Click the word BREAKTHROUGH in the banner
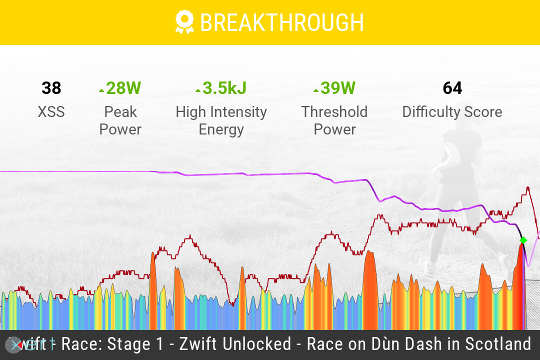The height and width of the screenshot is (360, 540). pyautogui.click(x=281, y=23)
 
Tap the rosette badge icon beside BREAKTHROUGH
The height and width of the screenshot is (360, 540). pyautogui.click(x=184, y=22)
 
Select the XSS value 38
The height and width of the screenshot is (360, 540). pyautogui.click(x=51, y=88)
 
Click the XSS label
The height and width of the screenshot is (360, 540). pyautogui.click(x=51, y=111)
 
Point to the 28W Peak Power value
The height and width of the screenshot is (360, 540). pyautogui.click(x=123, y=88)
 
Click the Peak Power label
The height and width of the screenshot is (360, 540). pyautogui.click(x=120, y=120)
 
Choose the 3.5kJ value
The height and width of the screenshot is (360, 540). pyautogui.click(x=224, y=88)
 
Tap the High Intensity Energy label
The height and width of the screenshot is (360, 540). pyautogui.click(x=221, y=120)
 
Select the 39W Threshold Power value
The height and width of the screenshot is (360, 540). pyautogui.click(x=337, y=88)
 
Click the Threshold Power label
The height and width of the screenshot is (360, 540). pyautogui.click(x=334, y=120)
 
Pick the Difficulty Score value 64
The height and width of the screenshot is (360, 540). pyautogui.click(x=452, y=88)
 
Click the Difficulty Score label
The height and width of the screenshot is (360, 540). pyautogui.click(x=452, y=111)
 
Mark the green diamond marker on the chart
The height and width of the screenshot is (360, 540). pyautogui.click(x=523, y=240)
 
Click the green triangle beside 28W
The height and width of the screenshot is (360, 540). pyautogui.click(x=101, y=90)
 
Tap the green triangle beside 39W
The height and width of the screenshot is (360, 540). pyautogui.click(x=315, y=90)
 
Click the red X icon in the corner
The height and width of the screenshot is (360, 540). pyautogui.click(x=14, y=344)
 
